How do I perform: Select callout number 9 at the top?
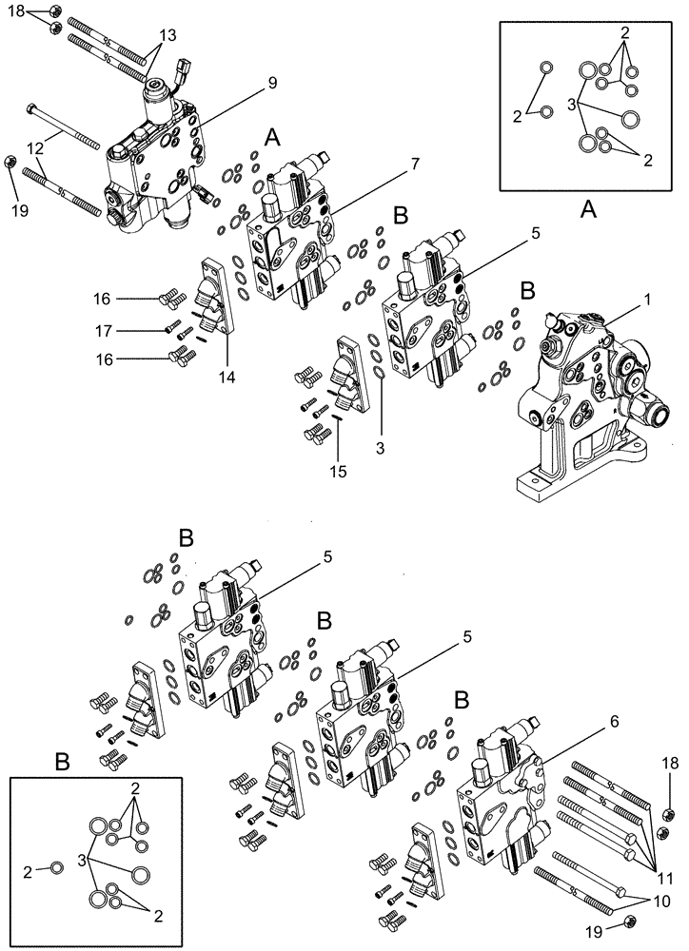coord(272,83)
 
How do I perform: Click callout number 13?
coord(167,34)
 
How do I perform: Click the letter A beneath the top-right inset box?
coord(588,212)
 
